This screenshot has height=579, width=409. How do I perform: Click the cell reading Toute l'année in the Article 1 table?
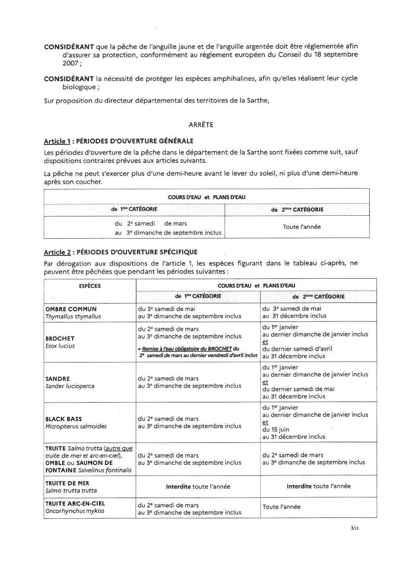(301, 226)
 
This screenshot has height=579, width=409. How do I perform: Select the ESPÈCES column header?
(90, 286)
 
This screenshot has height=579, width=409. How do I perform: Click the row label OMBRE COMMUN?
(71, 309)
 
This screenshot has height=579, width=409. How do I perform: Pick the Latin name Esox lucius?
(60, 346)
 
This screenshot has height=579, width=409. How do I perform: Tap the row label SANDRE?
(58, 379)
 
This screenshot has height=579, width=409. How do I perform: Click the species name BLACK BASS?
(64, 419)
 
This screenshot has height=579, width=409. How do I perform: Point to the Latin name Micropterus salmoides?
(76, 426)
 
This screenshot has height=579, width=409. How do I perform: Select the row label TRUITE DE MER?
(67, 483)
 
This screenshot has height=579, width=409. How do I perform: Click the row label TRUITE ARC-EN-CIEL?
(75, 504)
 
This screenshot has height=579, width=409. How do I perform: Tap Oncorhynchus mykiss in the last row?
(75, 511)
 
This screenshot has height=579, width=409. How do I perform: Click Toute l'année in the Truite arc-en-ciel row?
(281, 507)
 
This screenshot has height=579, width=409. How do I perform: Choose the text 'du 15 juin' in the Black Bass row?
(276, 430)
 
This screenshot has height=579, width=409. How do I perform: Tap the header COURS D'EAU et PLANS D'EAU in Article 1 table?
(207, 197)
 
